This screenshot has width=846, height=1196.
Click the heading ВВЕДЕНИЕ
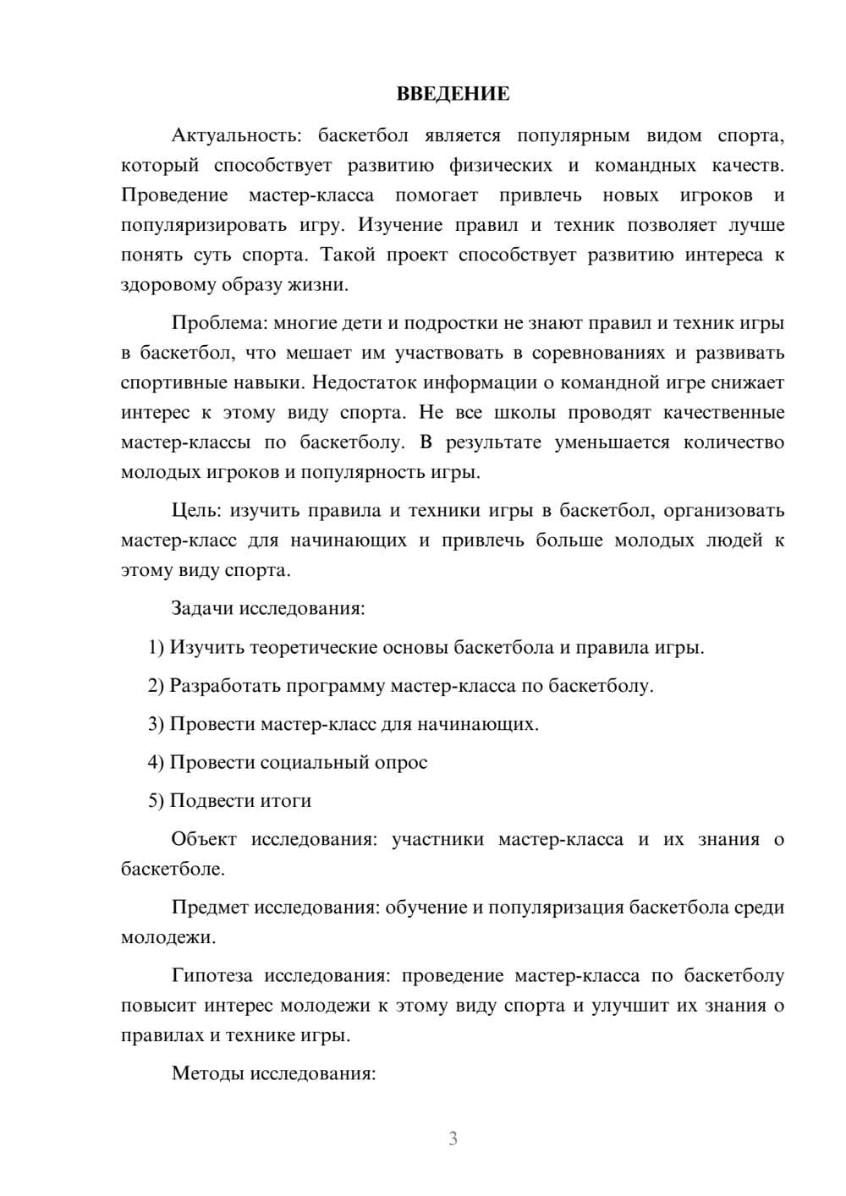pos(453,94)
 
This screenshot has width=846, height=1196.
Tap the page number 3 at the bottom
pos(453,1138)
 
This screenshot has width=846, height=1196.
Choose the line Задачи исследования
pos(268,608)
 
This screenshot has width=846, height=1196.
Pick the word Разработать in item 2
pos(224,686)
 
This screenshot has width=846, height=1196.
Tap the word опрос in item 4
pos(401,762)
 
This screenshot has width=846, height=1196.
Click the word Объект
pos(203,839)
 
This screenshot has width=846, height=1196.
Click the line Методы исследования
pos(273,1073)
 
